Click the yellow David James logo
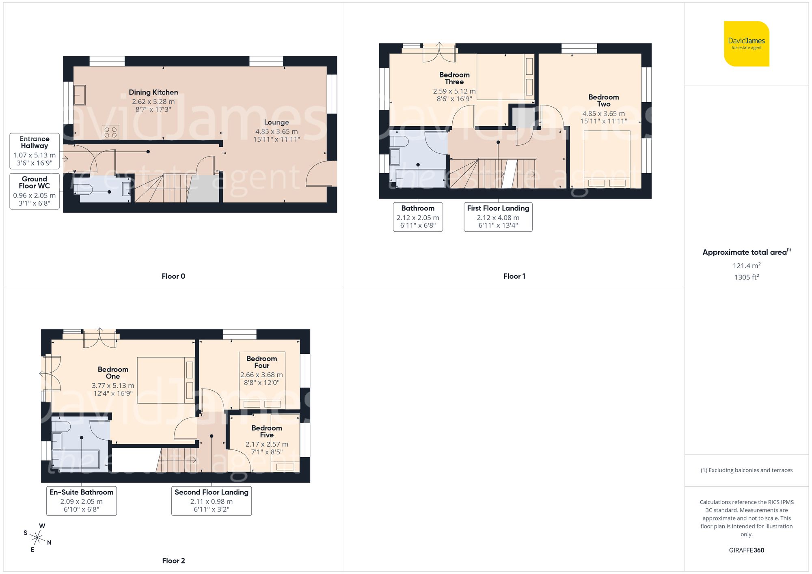tap(746, 44)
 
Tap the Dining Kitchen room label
tap(153, 92)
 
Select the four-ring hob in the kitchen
tap(110, 132)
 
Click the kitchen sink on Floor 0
tap(80, 95)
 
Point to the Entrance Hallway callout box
tap(35, 151)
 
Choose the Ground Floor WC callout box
tap(35, 191)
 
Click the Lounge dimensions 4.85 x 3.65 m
tap(276, 131)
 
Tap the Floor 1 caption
tap(514, 276)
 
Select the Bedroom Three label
tap(454, 78)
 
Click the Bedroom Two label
tap(603, 100)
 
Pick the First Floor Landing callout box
tap(498, 217)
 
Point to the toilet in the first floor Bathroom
tap(399, 141)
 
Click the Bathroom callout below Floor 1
tap(418, 217)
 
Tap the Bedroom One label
tap(113, 372)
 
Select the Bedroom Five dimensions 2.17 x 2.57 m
tap(267, 444)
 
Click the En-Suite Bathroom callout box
tap(82, 501)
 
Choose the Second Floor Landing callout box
tap(211, 501)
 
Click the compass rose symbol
tap(37, 538)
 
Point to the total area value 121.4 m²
tap(746, 266)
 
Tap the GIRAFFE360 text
tap(746, 550)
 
